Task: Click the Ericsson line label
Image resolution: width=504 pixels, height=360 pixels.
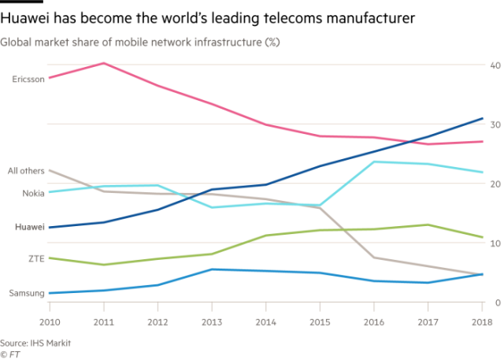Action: (x=27, y=78)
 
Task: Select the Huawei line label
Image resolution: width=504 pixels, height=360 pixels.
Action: (x=28, y=226)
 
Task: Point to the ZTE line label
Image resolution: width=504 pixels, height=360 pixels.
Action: (x=34, y=258)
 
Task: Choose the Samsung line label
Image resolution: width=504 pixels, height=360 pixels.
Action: (x=25, y=293)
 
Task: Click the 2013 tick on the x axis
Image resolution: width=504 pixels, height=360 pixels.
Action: (x=212, y=322)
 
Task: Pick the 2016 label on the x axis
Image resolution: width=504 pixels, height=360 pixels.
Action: (x=374, y=322)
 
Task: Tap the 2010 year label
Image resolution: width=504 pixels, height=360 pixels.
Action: (x=49, y=322)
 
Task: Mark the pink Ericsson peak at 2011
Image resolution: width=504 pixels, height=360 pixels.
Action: (x=103, y=63)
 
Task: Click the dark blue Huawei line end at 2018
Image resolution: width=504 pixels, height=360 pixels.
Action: (x=482, y=118)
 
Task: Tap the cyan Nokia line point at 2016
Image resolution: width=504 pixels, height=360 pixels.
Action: (x=374, y=161)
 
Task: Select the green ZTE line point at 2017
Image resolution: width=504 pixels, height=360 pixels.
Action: (x=428, y=225)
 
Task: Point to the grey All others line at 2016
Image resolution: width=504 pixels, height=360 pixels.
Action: (x=374, y=258)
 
